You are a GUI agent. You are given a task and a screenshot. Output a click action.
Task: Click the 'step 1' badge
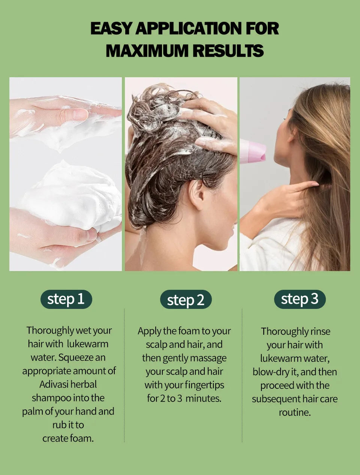point(66,299)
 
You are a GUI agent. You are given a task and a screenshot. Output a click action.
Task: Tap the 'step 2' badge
point(186,300)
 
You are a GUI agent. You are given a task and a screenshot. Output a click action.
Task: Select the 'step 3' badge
point(300,299)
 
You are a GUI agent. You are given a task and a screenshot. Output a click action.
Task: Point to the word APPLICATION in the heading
point(188,28)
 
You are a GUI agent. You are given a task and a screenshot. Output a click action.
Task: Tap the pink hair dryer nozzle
point(253,151)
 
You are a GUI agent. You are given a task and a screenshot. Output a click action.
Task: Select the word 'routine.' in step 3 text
point(295,412)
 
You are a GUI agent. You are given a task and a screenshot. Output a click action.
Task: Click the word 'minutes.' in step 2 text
point(204,399)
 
